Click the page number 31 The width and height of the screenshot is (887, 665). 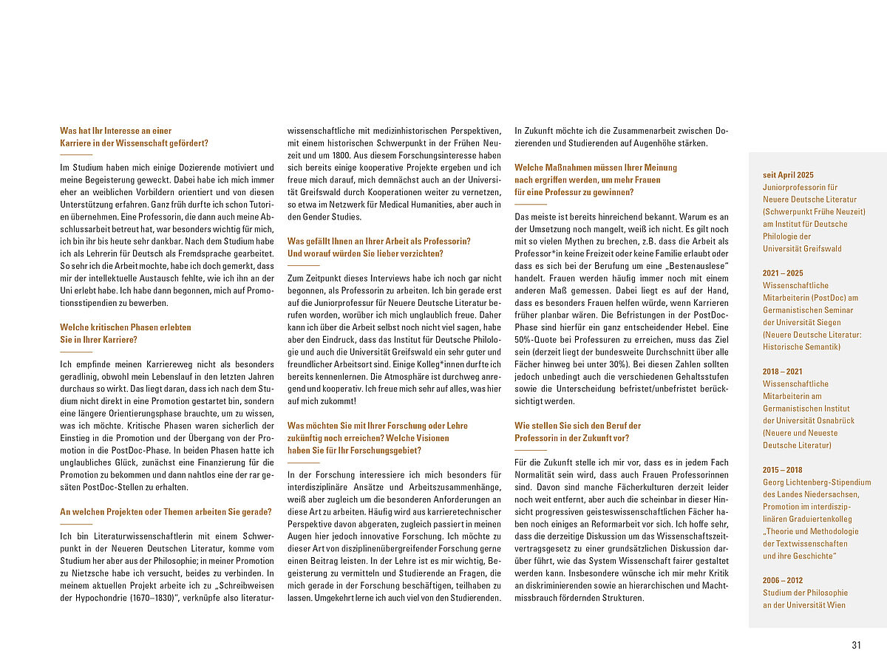click(x=856, y=645)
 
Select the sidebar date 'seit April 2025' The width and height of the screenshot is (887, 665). click(x=788, y=175)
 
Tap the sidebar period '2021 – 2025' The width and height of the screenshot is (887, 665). click(x=783, y=273)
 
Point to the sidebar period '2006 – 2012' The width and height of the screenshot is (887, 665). click(x=783, y=581)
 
